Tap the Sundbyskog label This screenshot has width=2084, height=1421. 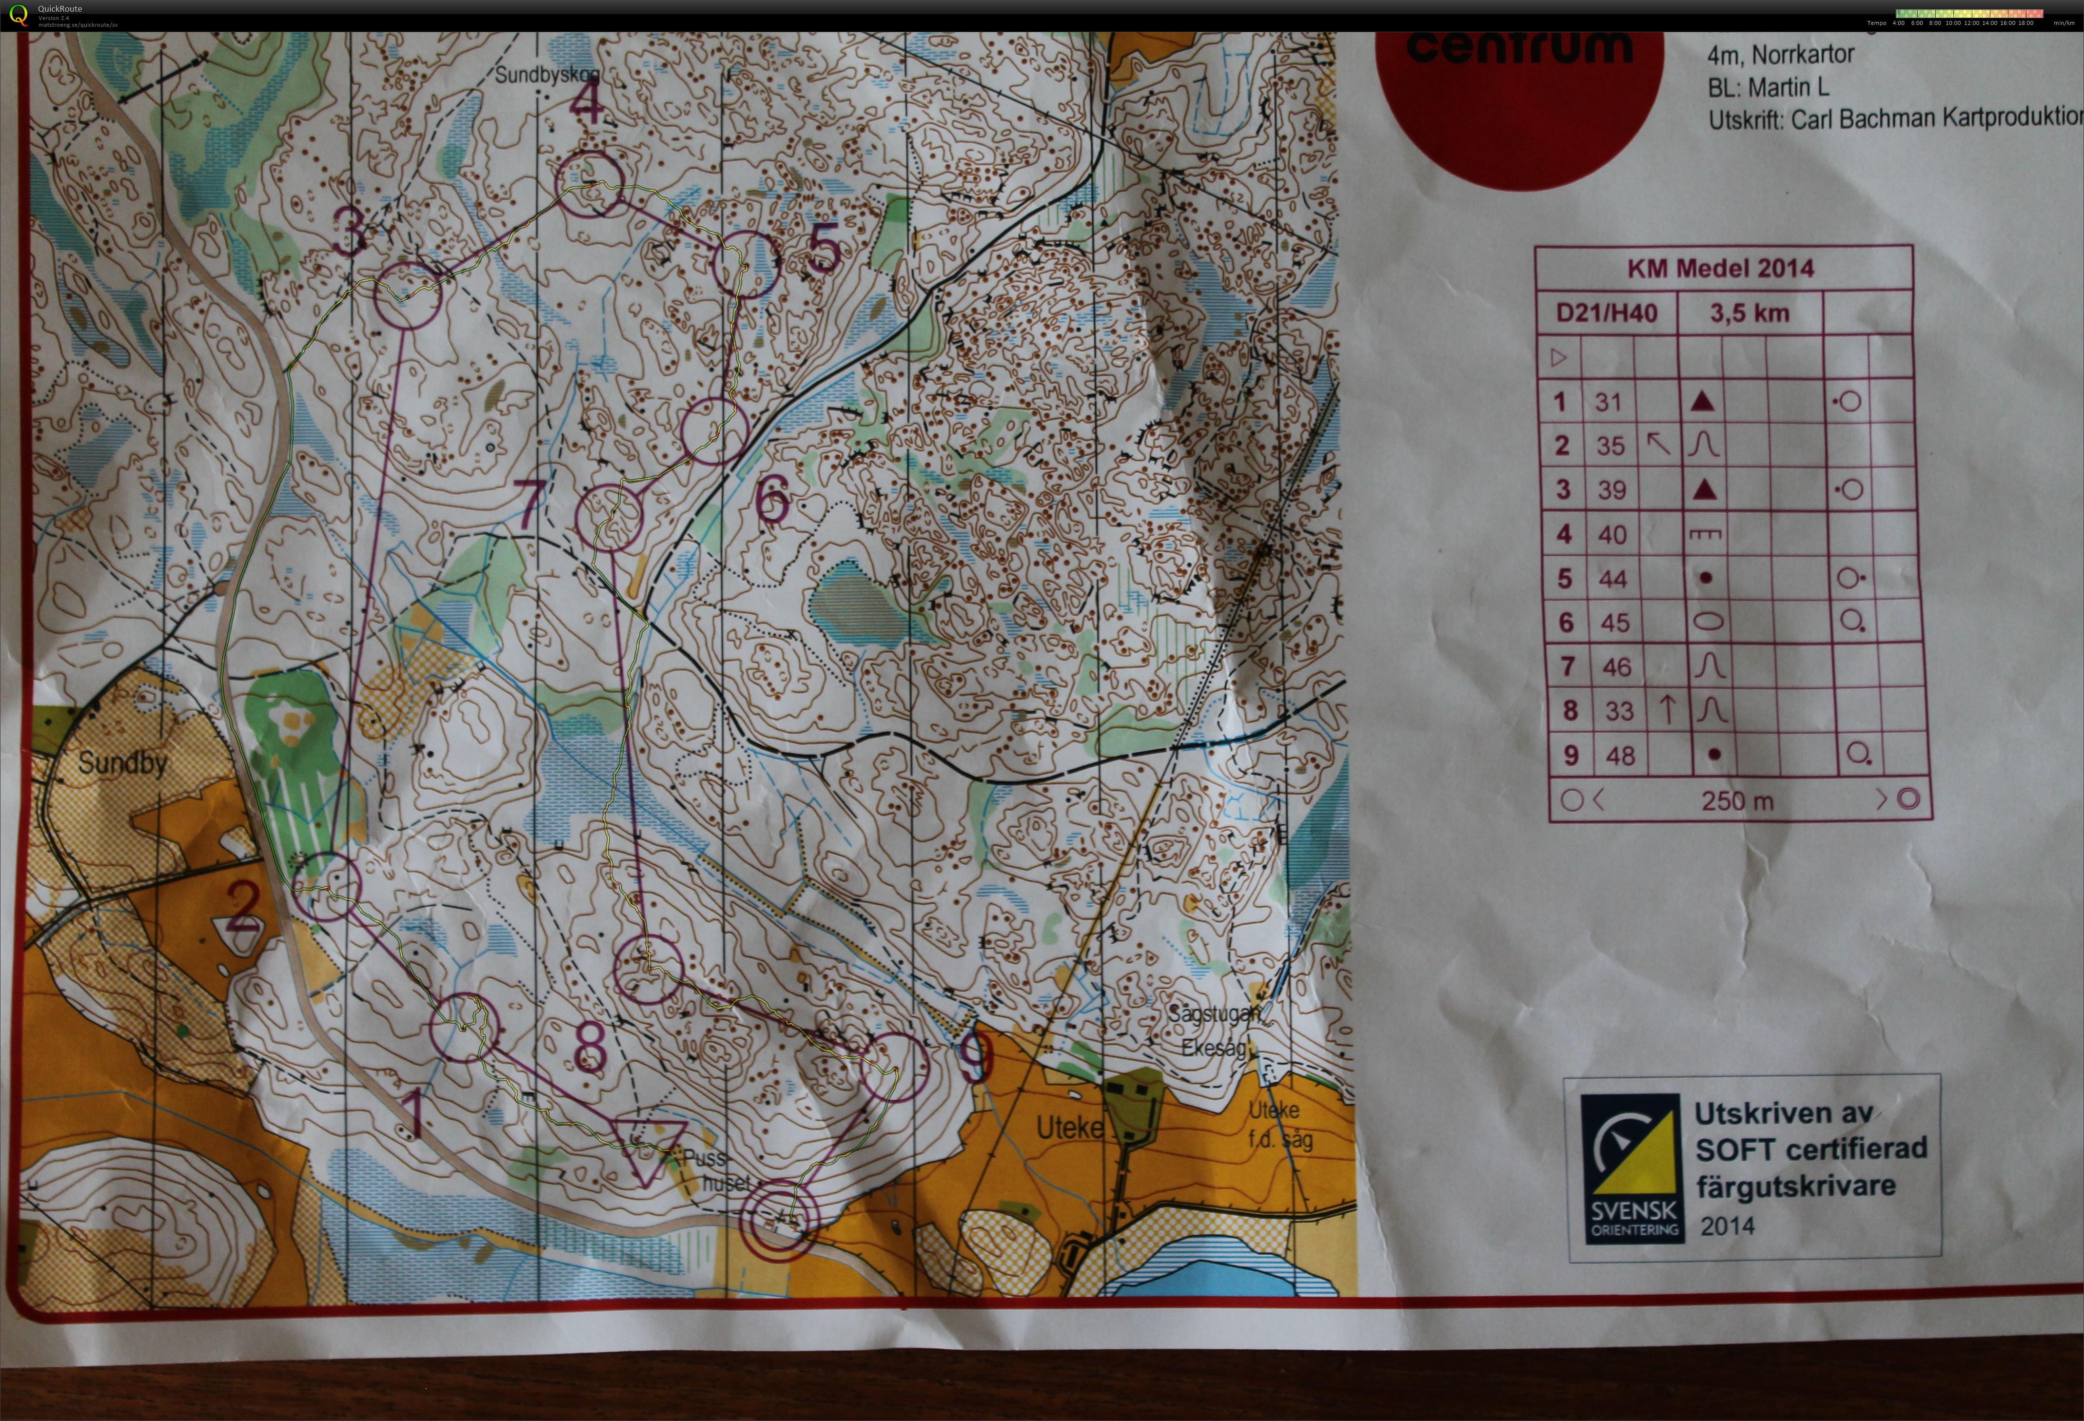pos(547,75)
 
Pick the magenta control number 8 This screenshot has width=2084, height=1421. pos(589,1047)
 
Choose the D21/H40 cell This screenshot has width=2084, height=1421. pos(1606,313)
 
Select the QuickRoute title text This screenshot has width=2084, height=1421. pos(59,9)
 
